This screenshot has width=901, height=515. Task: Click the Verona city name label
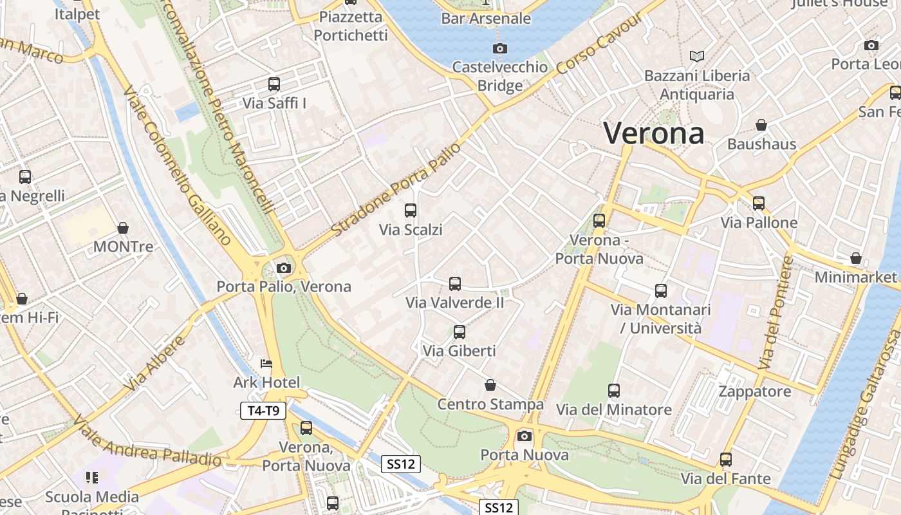tap(653, 133)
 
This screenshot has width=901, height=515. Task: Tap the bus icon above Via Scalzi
tap(411, 210)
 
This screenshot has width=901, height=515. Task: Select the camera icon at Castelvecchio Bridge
tap(499, 48)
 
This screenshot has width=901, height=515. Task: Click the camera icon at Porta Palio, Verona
tap(283, 268)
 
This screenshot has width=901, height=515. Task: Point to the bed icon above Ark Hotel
tap(266, 364)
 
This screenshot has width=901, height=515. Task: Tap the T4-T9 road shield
tap(263, 411)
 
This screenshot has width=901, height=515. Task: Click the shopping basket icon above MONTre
tap(123, 228)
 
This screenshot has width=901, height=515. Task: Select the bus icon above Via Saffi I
tap(274, 84)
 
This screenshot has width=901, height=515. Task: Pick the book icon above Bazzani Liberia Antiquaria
tap(697, 56)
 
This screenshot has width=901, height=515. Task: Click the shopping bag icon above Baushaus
tap(761, 125)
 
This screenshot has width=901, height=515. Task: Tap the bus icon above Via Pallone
tap(759, 203)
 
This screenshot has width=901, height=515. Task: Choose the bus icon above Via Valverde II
tap(455, 283)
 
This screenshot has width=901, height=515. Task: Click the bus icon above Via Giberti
tap(459, 332)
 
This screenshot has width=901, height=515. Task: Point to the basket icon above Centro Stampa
tap(490, 385)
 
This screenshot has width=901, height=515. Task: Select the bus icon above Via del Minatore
tap(614, 390)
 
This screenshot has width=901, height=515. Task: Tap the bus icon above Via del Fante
tap(726, 460)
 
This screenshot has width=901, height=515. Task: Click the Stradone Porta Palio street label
tap(396, 189)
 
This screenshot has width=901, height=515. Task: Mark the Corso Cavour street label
tap(600, 44)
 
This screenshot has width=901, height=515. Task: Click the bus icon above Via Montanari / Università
tap(661, 290)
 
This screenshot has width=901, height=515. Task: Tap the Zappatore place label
tap(755, 391)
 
